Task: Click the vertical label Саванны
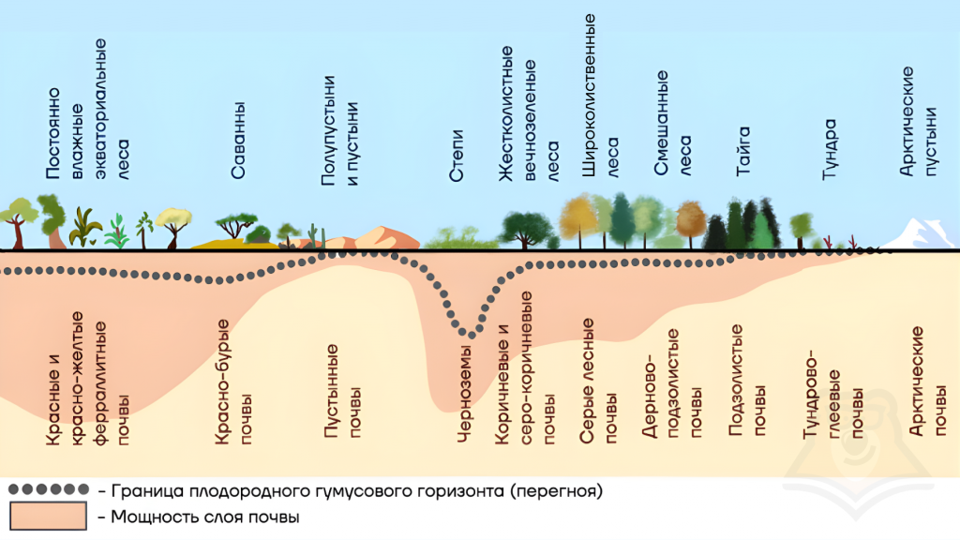(x=237, y=141)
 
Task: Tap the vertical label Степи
(x=457, y=156)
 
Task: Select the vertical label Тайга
(x=742, y=151)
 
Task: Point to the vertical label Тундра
(x=829, y=149)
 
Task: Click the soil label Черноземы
(x=465, y=394)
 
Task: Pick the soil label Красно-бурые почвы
(x=233, y=381)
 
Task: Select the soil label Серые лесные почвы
(x=598, y=381)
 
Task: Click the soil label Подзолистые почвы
(x=747, y=381)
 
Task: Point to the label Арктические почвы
(x=928, y=381)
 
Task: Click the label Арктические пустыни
(x=918, y=121)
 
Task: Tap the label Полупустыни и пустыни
(x=339, y=130)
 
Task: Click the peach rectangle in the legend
(x=49, y=517)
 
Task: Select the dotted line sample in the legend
(x=49, y=489)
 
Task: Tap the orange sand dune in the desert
(x=382, y=237)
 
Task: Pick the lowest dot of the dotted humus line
(x=472, y=335)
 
